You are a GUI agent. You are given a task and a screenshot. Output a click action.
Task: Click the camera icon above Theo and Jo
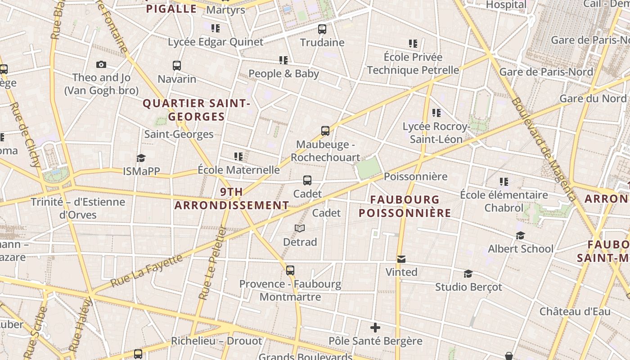pyautogui.click(x=101, y=64)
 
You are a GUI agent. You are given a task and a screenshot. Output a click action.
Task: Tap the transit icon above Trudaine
pyautogui.click(x=322, y=29)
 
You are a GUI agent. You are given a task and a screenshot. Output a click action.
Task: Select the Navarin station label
pyautogui.click(x=177, y=79)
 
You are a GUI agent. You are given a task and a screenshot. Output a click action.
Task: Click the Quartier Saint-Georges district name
pyautogui.click(x=196, y=110)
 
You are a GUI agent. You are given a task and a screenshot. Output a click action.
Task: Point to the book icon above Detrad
pyautogui.click(x=300, y=229)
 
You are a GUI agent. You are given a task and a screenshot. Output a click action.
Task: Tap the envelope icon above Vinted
pyautogui.click(x=401, y=259)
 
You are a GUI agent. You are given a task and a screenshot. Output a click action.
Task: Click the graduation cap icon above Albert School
pyautogui.click(x=521, y=236)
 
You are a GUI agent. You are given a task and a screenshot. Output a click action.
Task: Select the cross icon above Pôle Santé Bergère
pyautogui.click(x=375, y=328)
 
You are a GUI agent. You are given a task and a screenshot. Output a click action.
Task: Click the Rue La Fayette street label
pyautogui.click(x=147, y=271)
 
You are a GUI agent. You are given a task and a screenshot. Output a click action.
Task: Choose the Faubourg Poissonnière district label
pyautogui.click(x=405, y=206)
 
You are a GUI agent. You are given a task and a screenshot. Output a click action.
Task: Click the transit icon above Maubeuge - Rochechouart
pyautogui.click(x=325, y=131)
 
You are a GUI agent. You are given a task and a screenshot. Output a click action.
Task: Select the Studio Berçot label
pyautogui.click(x=468, y=287)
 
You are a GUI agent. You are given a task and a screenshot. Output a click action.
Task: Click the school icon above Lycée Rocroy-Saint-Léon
pyautogui.click(x=436, y=113)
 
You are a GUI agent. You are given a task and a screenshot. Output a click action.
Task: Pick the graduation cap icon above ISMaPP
pyautogui.click(x=141, y=158)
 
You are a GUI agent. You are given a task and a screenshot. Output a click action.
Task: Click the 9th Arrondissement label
pyautogui.click(x=232, y=198)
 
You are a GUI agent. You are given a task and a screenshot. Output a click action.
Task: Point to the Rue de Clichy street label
pyautogui.click(x=26, y=135)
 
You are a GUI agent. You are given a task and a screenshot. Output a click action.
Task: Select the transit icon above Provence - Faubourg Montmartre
pyautogui.click(x=290, y=270)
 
